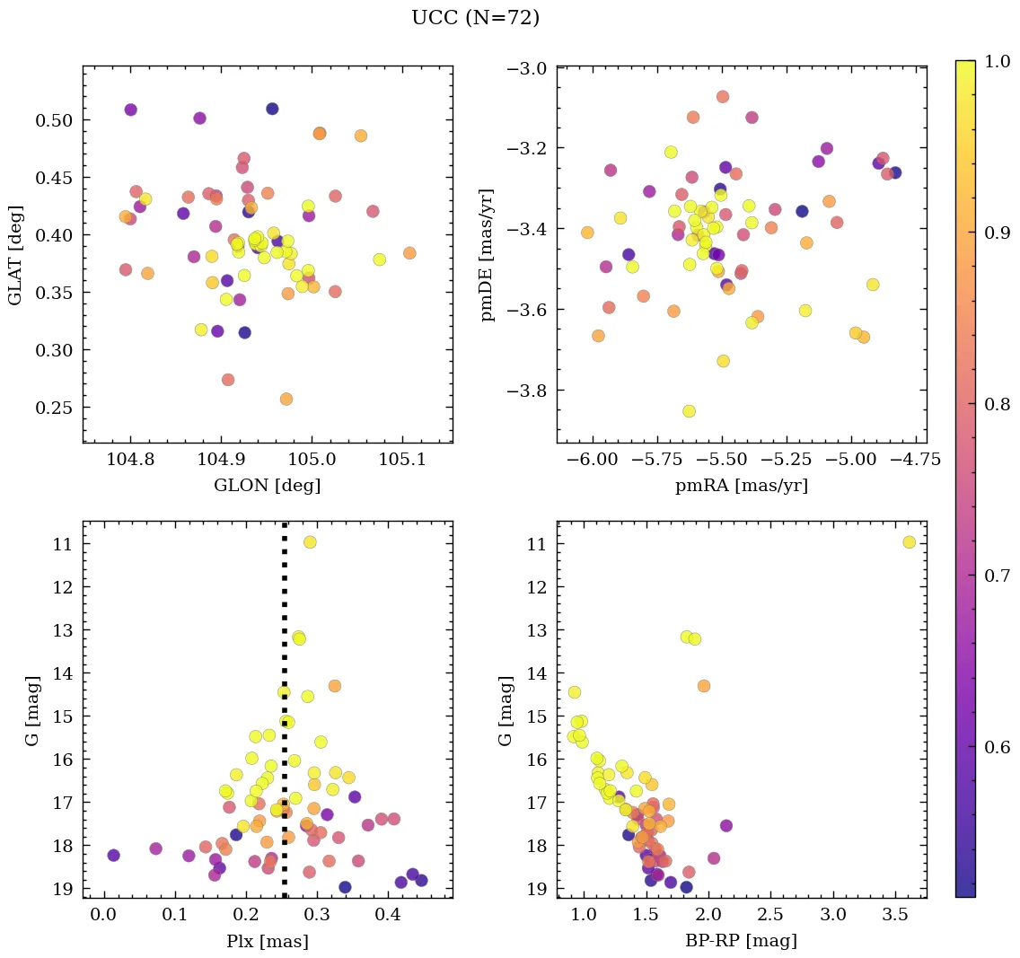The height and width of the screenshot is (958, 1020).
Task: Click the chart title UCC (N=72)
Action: tap(475, 18)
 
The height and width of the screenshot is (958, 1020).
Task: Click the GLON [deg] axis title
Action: tap(267, 486)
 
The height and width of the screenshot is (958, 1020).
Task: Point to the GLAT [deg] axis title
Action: tap(16, 254)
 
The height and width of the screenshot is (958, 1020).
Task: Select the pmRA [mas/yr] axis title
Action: tap(741, 486)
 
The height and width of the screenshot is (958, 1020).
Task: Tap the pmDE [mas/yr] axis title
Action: tap(488, 254)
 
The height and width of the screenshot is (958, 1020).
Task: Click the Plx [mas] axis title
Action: tap(267, 941)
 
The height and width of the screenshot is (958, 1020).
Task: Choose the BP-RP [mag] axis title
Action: tap(741, 941)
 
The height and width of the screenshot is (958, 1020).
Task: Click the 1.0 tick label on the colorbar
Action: tap(997, 62)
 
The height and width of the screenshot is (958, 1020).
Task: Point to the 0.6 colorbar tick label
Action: tap(997, 748)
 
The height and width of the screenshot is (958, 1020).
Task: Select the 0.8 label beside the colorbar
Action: tap(997, 405)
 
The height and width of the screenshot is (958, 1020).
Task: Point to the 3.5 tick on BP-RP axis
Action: tap(896, 916)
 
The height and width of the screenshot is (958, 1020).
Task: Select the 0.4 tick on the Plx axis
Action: tap(388, 916)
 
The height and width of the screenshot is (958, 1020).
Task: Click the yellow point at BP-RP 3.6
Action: tap(909, 542)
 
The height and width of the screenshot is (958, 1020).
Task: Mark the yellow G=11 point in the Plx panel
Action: tap(310, 542)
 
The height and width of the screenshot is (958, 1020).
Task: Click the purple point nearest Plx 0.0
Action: tap(113, 855)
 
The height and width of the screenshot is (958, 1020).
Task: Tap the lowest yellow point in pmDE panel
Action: tap(689, 411)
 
